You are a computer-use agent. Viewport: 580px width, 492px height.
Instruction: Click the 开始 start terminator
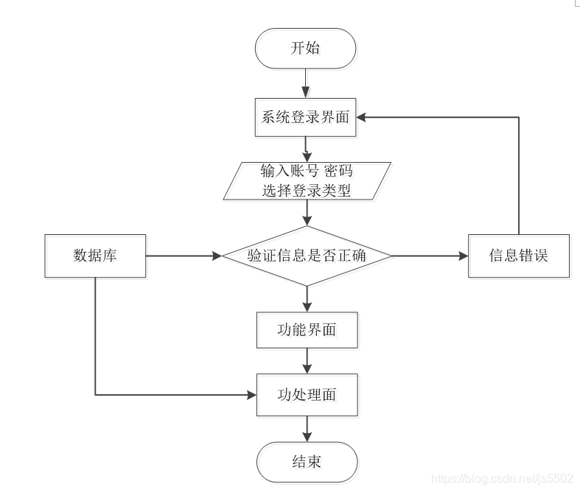pos(306,49)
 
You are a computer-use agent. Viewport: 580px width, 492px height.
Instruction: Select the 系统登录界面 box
pos(306,117)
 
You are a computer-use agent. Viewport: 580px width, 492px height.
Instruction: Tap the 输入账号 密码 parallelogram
pos(307,172)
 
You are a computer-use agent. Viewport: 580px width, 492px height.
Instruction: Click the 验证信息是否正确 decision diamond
pos(307,256)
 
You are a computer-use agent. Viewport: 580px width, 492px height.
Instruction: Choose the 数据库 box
pos(95,256)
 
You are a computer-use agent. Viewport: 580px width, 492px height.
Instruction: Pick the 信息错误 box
pos(519,256)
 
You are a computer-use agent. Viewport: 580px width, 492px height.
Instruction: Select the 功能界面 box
pos(307,330)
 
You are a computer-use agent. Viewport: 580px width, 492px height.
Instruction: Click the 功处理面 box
pos(307,394)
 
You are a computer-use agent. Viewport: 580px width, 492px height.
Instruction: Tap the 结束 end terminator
pos(307,463)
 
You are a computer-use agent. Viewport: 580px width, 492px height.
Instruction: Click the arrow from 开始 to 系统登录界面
pos(306,82)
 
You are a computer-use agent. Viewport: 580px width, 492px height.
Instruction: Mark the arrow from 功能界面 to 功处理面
pos(307,361)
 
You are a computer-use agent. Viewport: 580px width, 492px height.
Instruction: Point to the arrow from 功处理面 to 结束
pos(307,429)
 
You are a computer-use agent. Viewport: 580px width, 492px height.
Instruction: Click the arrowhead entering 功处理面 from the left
pos(251,395)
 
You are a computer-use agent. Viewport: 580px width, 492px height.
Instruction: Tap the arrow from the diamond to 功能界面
pos(307,299)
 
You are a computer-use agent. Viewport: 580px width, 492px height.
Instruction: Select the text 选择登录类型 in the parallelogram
pos(307,190)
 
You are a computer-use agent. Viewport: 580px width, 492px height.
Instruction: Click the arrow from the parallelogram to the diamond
pos(307,214)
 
